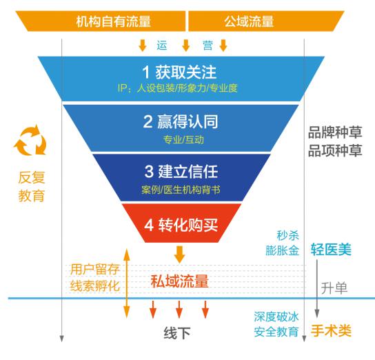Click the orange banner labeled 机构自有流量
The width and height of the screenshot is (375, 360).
101,21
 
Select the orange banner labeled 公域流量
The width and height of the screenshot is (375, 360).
266,21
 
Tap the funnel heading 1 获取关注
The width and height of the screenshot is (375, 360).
179,72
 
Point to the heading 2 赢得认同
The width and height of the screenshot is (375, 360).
181,121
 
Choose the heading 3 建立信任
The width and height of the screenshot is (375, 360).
181,172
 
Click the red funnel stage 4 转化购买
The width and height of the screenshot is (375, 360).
181,223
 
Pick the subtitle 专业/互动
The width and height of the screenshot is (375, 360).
183,139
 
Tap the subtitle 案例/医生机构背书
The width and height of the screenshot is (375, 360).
181,190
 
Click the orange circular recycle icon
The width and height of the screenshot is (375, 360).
30,141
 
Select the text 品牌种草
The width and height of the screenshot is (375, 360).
335,132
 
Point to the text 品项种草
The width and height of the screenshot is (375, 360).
335,150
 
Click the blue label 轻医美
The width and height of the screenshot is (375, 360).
331,249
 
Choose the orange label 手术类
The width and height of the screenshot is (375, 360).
331,330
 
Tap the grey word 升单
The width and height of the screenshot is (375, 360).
334,288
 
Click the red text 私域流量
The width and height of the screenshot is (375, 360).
180,281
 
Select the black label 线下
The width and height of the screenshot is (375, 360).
177,332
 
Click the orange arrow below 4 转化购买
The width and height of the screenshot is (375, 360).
180,254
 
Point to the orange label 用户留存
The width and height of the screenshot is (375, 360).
94,270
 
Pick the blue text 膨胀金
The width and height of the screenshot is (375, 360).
282,250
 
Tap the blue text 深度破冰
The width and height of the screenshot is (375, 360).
276,317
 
